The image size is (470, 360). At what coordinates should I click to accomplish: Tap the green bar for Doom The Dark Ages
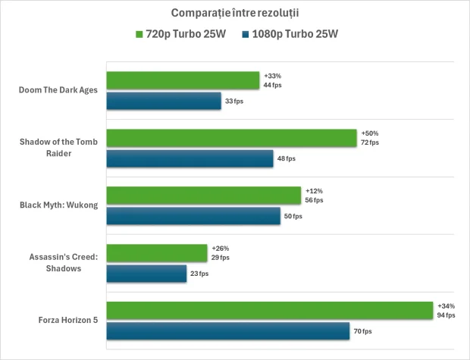(x=183, y=80)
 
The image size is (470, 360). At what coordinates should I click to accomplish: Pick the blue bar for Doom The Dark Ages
(x=164, y=101)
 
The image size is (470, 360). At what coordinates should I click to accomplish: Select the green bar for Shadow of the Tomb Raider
(x=231, y=138)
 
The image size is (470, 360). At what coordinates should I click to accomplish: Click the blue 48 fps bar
(x=190, y=158)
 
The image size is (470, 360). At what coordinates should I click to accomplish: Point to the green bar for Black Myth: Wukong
(x=204, y=196)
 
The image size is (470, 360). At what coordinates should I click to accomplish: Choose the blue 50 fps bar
(x=193, y=216)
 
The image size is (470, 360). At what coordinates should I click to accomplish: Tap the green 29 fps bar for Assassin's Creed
(x=157, y=253)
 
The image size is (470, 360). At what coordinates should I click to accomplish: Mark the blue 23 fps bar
(x=146, y=274)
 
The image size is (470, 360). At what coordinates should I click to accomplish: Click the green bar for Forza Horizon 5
(x=269, y=311)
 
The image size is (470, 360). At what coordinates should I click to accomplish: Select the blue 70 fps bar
(x=227, y=331)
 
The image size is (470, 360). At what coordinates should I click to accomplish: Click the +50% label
(x=369, y=133)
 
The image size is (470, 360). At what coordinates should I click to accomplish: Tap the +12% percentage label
(x=313, y=191)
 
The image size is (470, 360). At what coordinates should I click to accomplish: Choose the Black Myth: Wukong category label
(x=58, y=205)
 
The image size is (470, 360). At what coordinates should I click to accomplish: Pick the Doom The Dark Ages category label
(x=58, y=90)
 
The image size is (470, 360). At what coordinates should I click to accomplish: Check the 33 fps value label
(x=235, y=101)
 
